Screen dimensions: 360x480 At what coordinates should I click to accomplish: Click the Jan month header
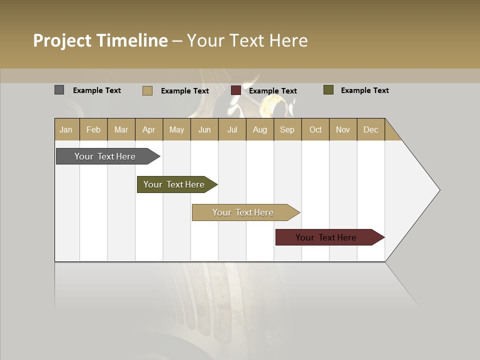point(66,129)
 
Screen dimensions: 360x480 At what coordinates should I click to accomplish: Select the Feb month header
point(93,129)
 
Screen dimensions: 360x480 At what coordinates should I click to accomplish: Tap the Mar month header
point(121,129)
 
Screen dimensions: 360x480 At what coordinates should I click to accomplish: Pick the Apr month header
point(149,129)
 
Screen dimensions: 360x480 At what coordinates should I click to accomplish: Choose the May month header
point(176,129)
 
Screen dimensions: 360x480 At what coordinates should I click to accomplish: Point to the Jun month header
point(204,129)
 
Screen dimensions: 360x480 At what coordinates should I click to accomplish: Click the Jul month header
point(232,129)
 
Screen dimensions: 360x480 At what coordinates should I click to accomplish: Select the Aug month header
point(260,129)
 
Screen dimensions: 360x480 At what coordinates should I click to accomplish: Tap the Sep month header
point(287,129)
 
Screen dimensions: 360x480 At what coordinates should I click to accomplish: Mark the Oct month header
point(315,129)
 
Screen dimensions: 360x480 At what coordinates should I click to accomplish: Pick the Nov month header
point(343,129)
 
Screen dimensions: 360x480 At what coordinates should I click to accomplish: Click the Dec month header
point(370,129)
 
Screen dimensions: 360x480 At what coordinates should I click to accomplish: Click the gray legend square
point(59,90)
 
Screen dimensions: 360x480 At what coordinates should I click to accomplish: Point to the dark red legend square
point(236,90)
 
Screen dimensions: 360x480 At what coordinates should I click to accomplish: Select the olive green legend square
point(328,90)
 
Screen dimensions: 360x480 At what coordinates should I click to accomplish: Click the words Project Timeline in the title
point(100,40)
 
